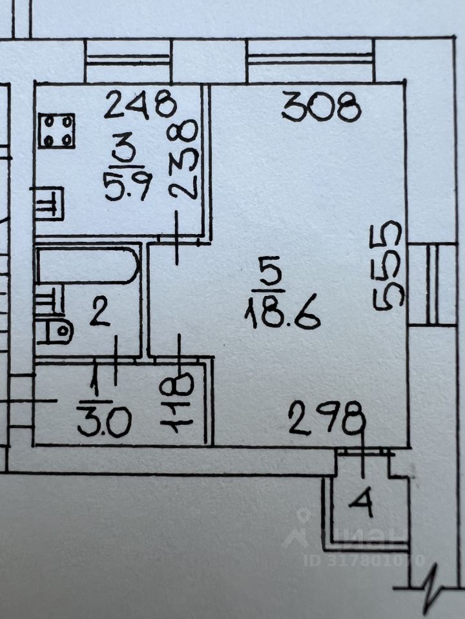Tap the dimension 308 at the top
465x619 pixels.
pos(321,107)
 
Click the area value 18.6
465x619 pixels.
pos(282,314)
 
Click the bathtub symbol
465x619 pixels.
pos(88,266)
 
